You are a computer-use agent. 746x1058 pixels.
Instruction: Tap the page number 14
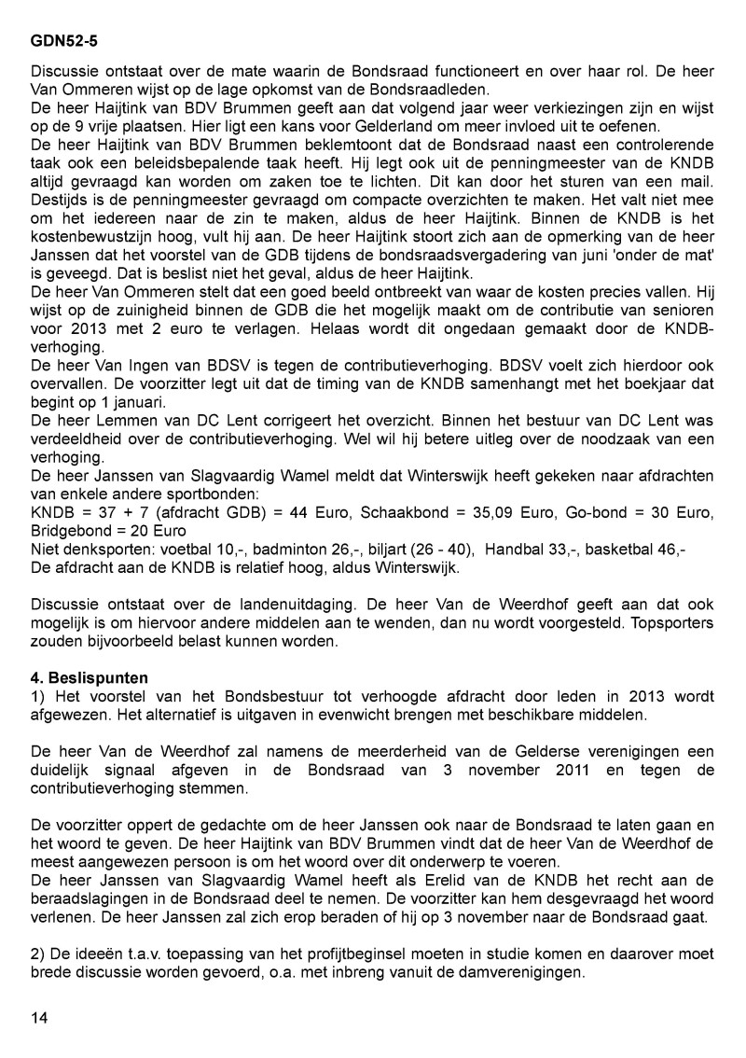[39, 1017]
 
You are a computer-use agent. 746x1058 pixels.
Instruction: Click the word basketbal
[624, 550]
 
